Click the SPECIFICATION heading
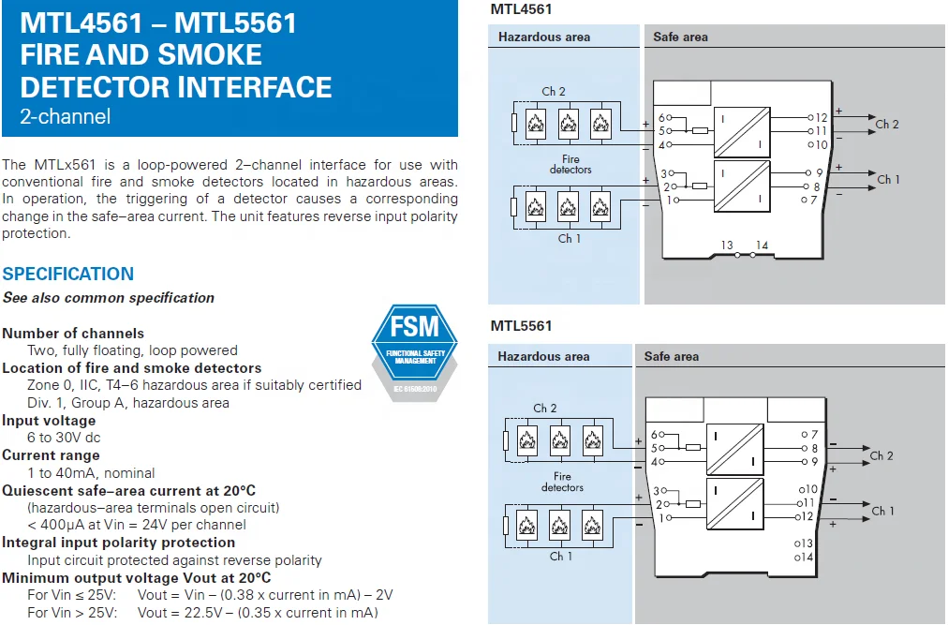(x=68, y=275)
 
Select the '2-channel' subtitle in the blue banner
(x=66, y=117)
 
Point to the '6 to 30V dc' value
(x=64, y=438)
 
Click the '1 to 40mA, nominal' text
(x=91, y=473)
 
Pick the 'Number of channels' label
(x=73, y=334)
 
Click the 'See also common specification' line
(x=109, y=298)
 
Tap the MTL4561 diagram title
(x=521, y=9)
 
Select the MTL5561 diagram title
(x=521, y=326)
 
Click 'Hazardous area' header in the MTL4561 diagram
(x=544, y=37)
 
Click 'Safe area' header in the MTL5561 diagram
(x=671, y=357)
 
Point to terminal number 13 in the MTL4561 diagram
(x=727, y=246)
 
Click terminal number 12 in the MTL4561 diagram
(x=822, y=118)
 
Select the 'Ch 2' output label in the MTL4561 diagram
(x=887, y=125)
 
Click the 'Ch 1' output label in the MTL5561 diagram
(x=883, y=511)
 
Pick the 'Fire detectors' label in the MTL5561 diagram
(x=562, y=483)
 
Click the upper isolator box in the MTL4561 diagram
(x=742, y=131)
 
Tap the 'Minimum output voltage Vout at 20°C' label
(x=137, y=578)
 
